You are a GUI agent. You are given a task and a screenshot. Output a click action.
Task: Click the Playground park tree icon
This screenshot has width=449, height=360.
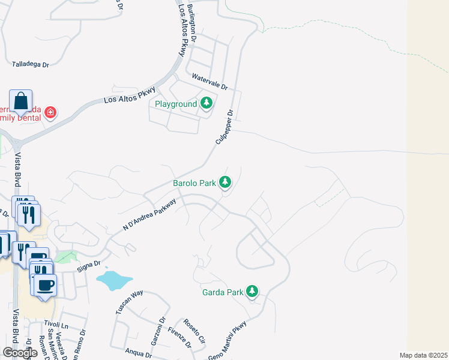tap(206, 104)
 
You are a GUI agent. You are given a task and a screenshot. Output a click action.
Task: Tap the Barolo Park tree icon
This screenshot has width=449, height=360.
tap(225, 182)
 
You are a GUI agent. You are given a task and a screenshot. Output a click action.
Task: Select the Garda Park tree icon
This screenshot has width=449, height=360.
tap(253, 292)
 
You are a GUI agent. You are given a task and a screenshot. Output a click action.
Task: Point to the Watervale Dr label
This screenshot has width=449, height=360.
tap(209, 81)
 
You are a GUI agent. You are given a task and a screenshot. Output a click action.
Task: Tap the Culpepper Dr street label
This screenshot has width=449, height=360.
tap(224, 127)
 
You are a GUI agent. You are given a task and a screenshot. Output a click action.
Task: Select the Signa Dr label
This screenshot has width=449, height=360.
tap(88, 263)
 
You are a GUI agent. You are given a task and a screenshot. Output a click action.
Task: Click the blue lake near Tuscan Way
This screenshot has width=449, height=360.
tap(113, 279)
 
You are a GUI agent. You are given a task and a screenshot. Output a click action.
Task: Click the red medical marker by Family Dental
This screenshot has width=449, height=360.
tap(50, 112)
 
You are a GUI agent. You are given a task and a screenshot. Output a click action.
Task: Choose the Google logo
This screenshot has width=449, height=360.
tap(20, 353)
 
